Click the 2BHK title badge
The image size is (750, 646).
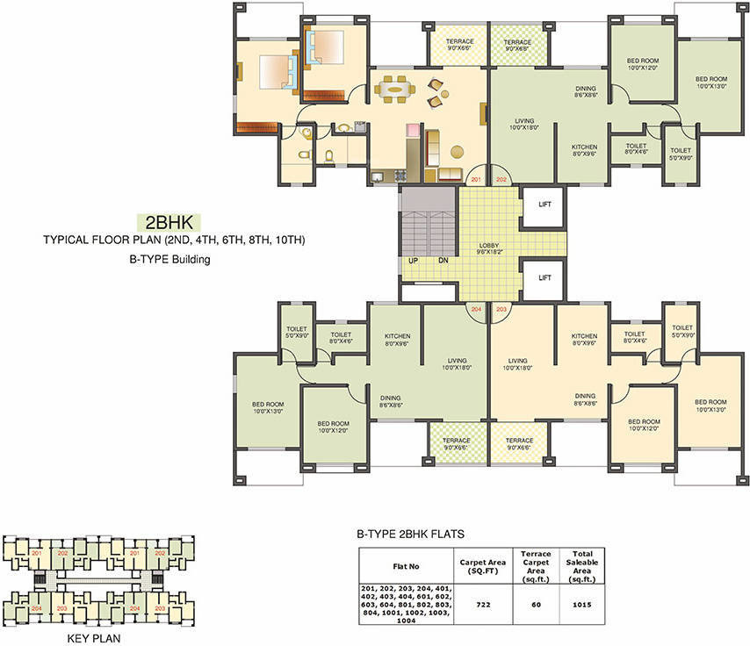click(x=170, y=221)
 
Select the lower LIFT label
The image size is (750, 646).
click(x=544, y=276)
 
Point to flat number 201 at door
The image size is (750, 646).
click(x=475, y=180)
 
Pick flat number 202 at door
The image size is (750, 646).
click(x=501, y=180)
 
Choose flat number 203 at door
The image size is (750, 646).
click(x=501, y=310)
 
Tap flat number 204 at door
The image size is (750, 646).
click(x=476, y=310)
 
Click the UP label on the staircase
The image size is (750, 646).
click(x=411, y=261)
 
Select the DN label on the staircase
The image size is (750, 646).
click(x=443, y=261)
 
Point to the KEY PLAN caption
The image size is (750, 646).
click(x=93, y=638)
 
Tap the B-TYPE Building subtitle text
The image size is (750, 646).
click(x=169, y=260)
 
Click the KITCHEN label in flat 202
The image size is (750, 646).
click(x=584, y=149)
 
